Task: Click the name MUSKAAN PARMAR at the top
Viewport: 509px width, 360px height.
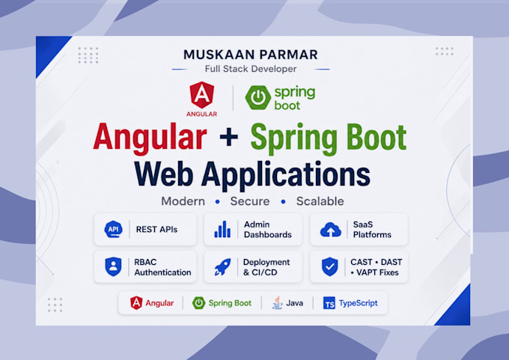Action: click(x=251, y=55)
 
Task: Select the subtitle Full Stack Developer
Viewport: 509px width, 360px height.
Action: click(x=251, y=69)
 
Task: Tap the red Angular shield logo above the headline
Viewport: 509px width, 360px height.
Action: click(x=202, y=95)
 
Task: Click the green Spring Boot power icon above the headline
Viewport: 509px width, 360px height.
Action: click(x=257, y=97)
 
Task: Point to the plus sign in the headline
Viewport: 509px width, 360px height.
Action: click(x=229, y=137)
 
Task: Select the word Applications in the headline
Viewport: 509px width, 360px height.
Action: click(x=286, y=174)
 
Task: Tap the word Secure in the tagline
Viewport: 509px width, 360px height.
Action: click(x=250, y=201)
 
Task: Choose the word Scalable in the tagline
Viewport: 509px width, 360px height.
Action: click(x=320, y=201)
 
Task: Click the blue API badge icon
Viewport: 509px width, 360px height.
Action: click(x=113, y=229)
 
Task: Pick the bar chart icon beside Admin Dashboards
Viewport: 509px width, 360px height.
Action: click(x=222, y=229)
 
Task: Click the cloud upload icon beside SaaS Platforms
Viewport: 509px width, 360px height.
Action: click(x=330, y=230)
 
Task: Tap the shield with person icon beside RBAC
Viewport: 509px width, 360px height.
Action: click(x=113, y=266)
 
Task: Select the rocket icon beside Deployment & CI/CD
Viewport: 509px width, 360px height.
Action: click(x=223, y=267)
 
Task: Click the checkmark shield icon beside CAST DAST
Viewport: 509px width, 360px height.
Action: click(x=330, y=266)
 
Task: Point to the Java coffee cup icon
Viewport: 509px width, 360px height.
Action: click(x=277, y=302)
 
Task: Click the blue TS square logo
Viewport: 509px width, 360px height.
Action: click(x=329, y=303)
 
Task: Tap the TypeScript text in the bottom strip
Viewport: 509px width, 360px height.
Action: click(x=359, y=303)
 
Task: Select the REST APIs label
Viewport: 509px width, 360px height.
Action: click(x=156, y=230)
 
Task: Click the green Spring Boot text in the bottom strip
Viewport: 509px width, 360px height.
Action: click(x=230, y=303)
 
